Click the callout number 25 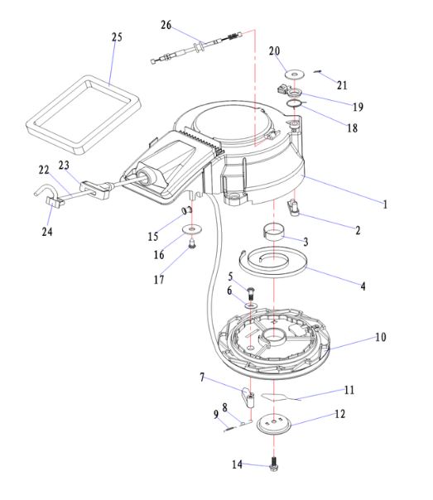click(117, 37)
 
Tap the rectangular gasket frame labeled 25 click(33, 126)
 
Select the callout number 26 click(166, 25)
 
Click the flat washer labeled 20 click(294, 75)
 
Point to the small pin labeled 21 click(318, 71)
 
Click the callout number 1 click(385, 204)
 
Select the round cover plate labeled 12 click(273, 424)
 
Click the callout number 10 click(381, 337)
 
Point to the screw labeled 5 click(251, 292)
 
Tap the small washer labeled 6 click(251, 305)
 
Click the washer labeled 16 click(192, 229)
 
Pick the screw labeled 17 click(192, 244)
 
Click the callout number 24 click(47, 232)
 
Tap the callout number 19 click(358, 107)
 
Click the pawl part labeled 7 click(248, 397)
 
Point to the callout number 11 click(349, 390)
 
